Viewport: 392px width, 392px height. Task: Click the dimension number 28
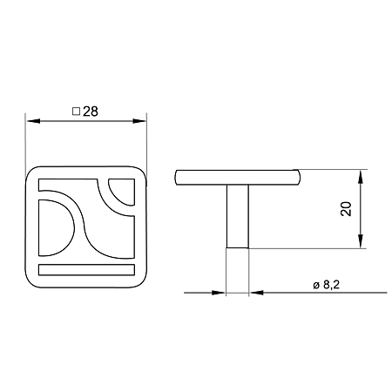pos(91,112)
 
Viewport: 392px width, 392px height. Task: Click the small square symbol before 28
pos(76,112)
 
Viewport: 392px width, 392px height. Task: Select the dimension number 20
pos(346,208)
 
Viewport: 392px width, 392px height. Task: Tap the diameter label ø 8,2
pos(326,285)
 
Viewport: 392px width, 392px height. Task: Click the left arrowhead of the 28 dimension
pos(33,121)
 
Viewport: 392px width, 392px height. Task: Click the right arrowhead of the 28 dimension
pos(139,121)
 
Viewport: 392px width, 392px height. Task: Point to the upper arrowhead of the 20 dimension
pos(361,177)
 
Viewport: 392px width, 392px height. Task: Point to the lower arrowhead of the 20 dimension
pos(361,241)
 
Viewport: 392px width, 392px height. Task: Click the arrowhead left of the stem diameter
pos(219,293)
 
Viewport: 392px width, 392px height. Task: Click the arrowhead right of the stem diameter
pos(256,293)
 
